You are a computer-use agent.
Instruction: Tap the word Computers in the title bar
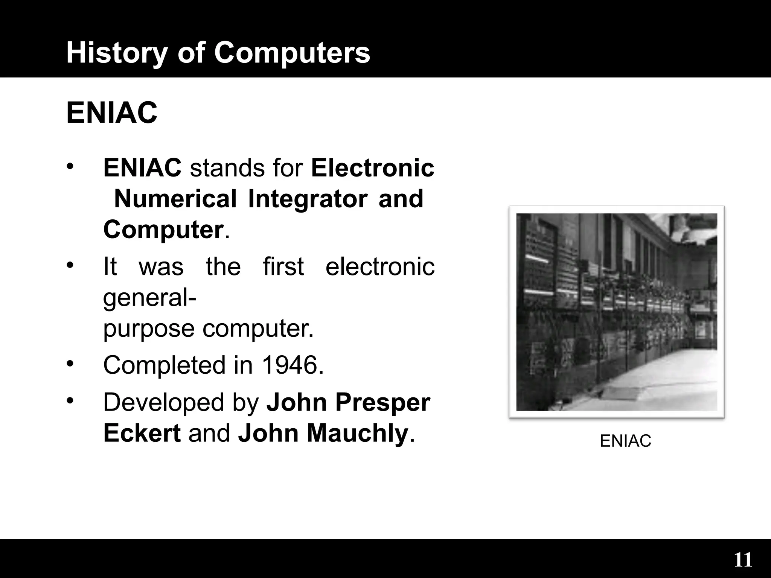(x=292, y=53)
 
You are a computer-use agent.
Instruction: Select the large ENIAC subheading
(x=112, y=113)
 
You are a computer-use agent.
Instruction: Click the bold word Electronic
(x=373, y=168)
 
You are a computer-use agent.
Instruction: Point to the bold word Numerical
(x=175, y=199)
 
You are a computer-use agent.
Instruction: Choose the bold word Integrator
(x=308, y=199)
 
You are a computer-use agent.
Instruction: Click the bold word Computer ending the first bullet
(x=163, y=230)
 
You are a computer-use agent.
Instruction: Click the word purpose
(x=149, y=329)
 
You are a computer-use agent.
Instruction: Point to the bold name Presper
(x=382, y=402)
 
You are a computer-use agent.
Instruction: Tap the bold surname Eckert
(x=142, y=433)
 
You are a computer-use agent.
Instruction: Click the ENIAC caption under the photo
(x=625, y=441)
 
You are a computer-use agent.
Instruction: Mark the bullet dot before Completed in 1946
(x=69, y=364)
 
